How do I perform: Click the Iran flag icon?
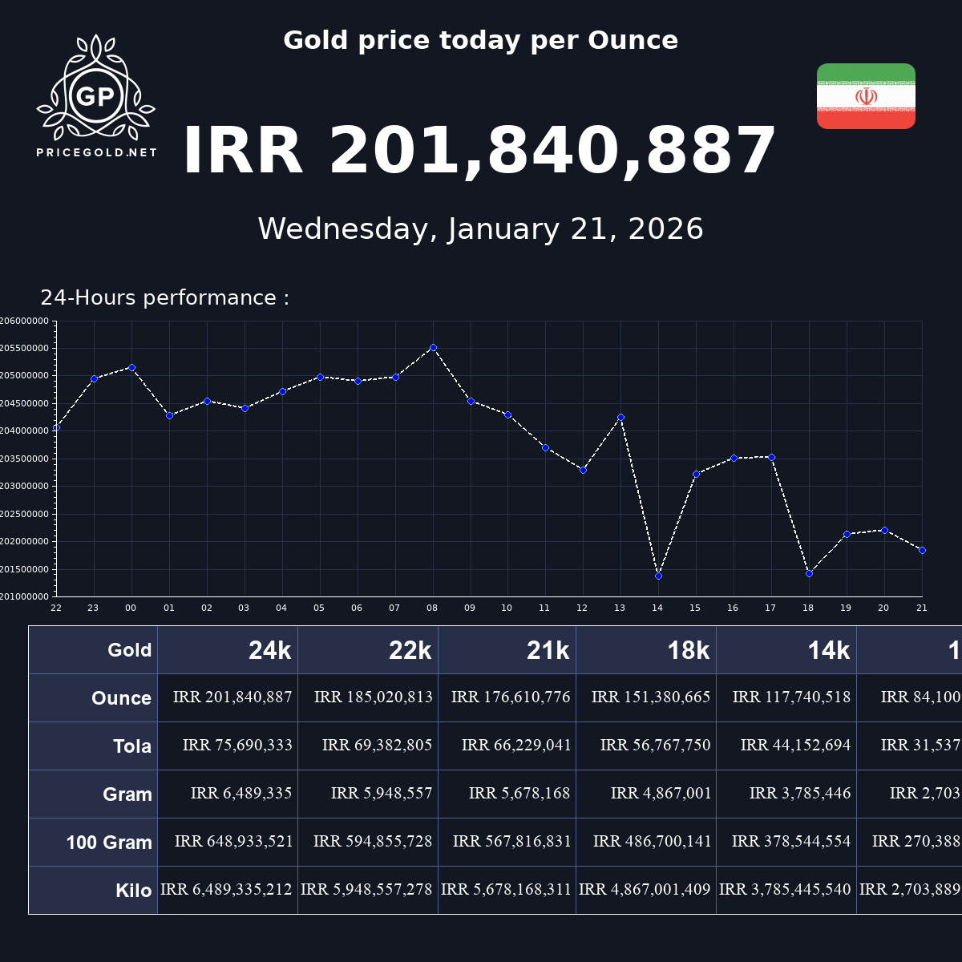(x=866, y=96)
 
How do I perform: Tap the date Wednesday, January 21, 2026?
(x=480, y=229)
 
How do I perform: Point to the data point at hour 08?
(x=433, y=347)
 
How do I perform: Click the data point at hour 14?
(x=658, y=576)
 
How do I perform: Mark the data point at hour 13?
(x=620, y=417)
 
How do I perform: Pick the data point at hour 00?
(x=131, y=367)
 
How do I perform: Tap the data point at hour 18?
(x=809, y=573)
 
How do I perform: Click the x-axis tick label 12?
(x=582, y=608)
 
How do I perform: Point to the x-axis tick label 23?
(x=93, y=608)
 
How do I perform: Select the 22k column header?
(x=410, y=651)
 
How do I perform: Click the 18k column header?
(x=688, y=651)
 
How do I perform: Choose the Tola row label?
(x=132, y=746)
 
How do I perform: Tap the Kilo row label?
(x=133, y=891)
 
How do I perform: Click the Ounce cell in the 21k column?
(x=511, y=697)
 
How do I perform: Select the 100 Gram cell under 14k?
(x=790, y=842)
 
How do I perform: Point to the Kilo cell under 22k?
(x=366, y=890)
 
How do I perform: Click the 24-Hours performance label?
(x=164, y=298)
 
